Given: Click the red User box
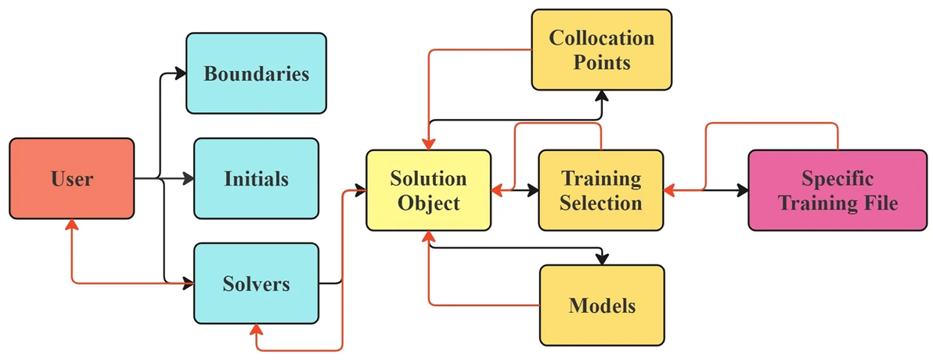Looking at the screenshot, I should pyautogui.click(x=71, y=178).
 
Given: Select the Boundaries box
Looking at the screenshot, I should pyautogui.click(x=256, y=74).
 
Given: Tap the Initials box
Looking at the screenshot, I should pyautogui.click(x=256, y=178).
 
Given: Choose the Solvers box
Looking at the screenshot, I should pyautogui.click(x=256, y=283).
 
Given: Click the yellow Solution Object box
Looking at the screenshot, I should pyautogui.click(x=428, y=190).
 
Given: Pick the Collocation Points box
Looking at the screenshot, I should pyautogui.click(x=601, y=49).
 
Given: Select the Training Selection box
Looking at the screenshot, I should pyautogui.click(x=600, y=190).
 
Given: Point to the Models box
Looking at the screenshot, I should pyautogui.click(x=601, y=304).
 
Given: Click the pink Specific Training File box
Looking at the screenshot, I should pyautogui.click(x=838, y=190).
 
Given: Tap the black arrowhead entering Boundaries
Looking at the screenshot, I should pyautogui.click(x=181, y=74).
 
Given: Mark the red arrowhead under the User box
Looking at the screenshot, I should pyautogui.click(x=72, y=225).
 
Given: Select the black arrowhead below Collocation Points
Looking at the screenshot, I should pyautogui.click(x=601, y=95).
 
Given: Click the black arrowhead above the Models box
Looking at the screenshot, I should pyautogui.click(x=601, y=259).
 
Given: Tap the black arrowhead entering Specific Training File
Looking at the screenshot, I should pyautogui.click(x=742, y=189).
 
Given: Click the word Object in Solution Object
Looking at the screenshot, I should pyautogui.click(x=428, y=203).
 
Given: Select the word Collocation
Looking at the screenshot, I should pyautogui.click(x=601, y=38).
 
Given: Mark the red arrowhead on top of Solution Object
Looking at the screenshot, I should pyautogui.click(x=428, y=144).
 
